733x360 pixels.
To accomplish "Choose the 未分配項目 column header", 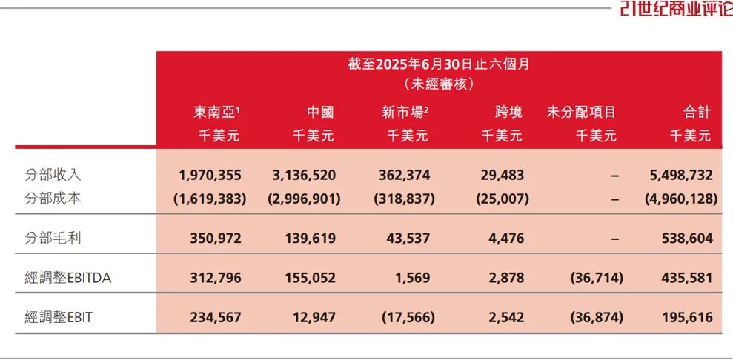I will (x=581, y=113).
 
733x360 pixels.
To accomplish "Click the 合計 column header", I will (x=697, y=113).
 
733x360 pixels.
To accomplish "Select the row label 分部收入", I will (x=53, y=176).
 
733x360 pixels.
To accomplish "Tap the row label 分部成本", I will (x=53, y=199).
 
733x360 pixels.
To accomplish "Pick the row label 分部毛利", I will (x=53, y=238).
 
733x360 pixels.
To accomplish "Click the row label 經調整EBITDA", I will (x=72, y=278).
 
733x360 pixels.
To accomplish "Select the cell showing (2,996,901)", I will (x=304, y=199).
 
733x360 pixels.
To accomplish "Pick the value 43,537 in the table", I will (x=407, y=238).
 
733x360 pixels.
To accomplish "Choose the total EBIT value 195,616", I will (x=689, y=317).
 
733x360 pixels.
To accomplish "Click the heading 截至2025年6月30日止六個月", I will (x=439, y=64).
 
